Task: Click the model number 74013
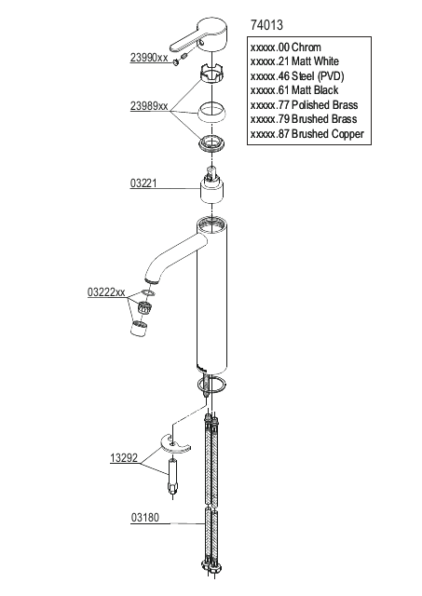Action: click(x=266, y=25)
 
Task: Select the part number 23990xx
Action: click(x=149, y=58)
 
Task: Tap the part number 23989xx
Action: click(x=149, y=106)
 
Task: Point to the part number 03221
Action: click(x=143, y=183)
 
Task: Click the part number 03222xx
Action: click(x=106, y=292)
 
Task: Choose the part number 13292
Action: click(x=124, y=458)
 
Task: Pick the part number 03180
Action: click(x=145, y=518)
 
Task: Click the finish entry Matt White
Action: click(x=294, y=61)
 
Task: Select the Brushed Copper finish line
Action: click(x=307, y=134)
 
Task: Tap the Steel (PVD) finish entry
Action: click(x=297, y=76)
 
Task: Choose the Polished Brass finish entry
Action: click(x=304, y=104)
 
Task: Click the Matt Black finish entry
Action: click(x=294, y=90)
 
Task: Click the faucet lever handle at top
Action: click(x=199, y=35)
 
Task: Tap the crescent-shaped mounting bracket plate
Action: click(x=174, y=444)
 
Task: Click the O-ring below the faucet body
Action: click(x=211, y=384)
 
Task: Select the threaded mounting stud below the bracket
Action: click(x=172, y=478)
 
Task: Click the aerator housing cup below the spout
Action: click(x=139, y=328)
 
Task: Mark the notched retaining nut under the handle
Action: click(x=211, y=74)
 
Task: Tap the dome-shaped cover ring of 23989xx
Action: click(x=211, y=113)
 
